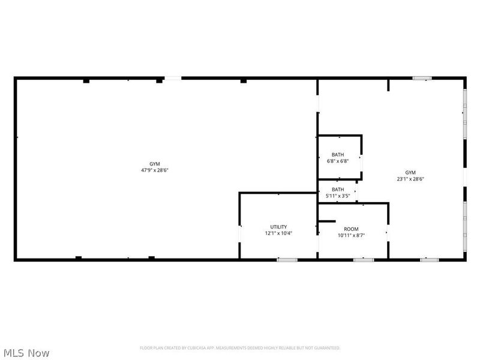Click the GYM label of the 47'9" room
tap(155, 164)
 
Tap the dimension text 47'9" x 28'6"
tap(155, 170)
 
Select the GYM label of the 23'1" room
tap(410, 172)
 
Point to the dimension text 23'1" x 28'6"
tap(410, 179)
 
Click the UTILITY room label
tap(278, 227)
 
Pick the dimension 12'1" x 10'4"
tap(278, 233)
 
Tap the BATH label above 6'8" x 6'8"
tap(338, 155)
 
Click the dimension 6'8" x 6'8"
tap(338, 161)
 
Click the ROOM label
tap(351, 229)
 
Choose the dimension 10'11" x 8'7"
tap(351, 236)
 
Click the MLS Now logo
tap(26, 353)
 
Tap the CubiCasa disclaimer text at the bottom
tap(240, 348)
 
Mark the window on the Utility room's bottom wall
tap(287, 260)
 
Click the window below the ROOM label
tap(363, 260)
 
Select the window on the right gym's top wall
tap(422, 78)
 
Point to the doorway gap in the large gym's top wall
tap(173, 78)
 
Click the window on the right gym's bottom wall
tap(429, 260)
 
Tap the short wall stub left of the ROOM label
tap(326, 221)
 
